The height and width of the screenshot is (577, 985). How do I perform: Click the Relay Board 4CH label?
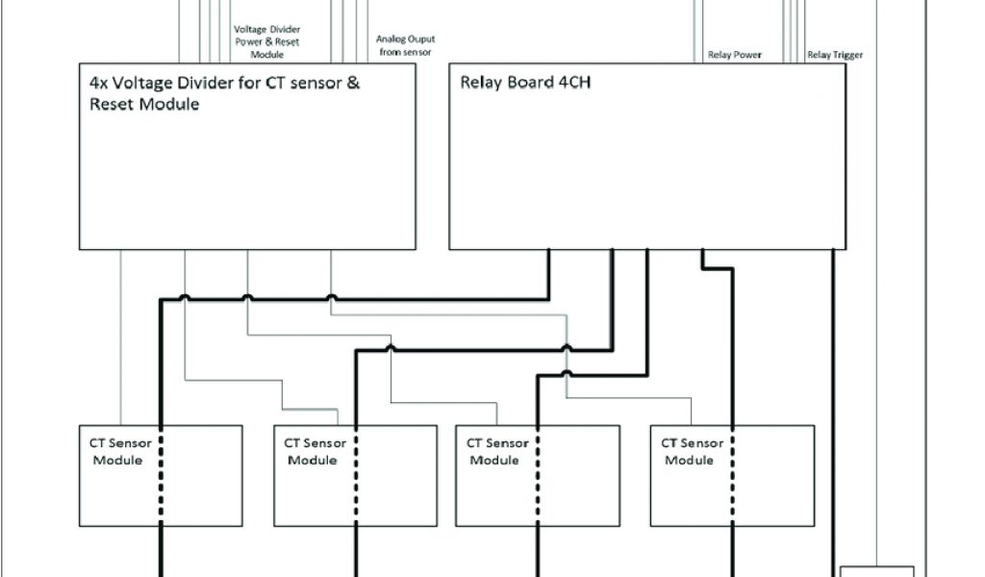(x=523, y=83)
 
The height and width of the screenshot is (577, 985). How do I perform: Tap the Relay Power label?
(x=735, y=55)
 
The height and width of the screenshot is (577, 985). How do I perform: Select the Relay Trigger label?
(x=835, y=55)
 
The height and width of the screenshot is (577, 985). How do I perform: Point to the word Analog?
(x=391, y=39)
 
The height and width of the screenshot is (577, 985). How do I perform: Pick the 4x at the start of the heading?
(x=98, y=83)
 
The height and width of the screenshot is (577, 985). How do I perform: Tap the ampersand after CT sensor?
(x=353, y=83)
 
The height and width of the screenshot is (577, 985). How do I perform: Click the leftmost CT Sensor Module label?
(x=120, y=451)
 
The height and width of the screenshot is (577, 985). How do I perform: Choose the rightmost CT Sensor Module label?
(x=692, y=451)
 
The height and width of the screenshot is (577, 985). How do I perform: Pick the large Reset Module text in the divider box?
(x=138, y=104)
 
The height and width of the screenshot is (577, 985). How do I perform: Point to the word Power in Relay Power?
(x=747, y=55)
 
